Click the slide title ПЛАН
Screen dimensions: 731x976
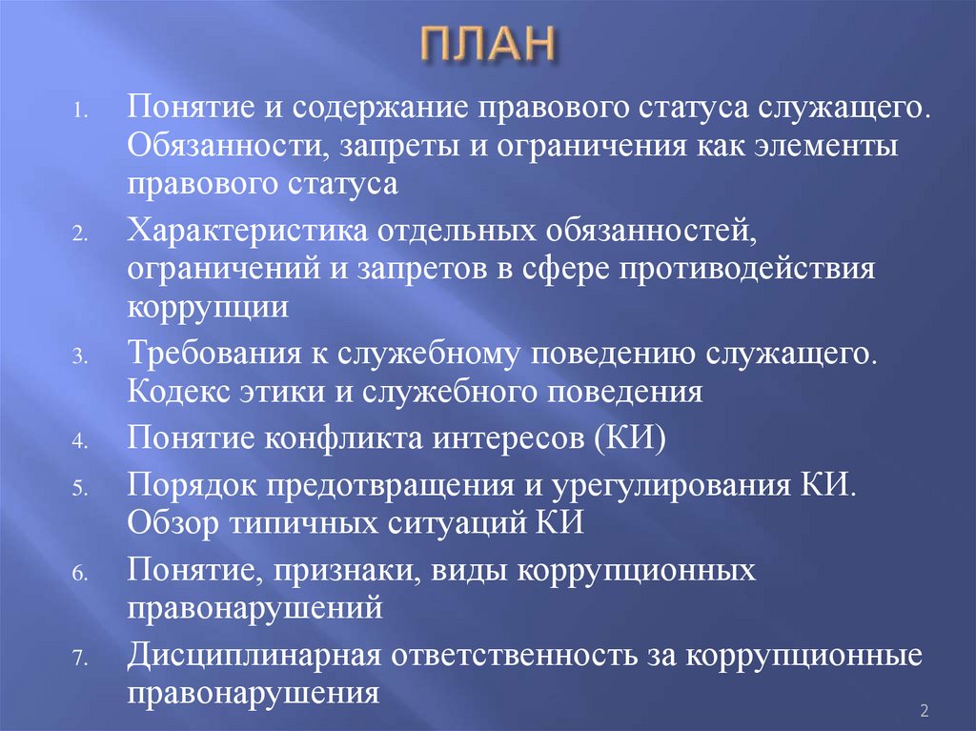[487, 46]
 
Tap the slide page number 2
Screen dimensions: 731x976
[924, 710]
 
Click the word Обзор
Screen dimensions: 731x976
[168, 523]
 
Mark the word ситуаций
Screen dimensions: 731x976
[448, 523]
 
